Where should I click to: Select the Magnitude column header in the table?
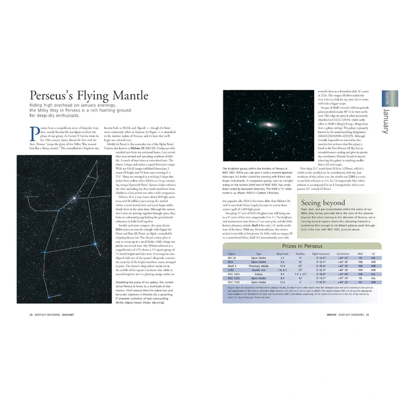[282, 254]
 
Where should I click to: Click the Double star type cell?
[258, 270]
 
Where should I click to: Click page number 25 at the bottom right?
[367, 314]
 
